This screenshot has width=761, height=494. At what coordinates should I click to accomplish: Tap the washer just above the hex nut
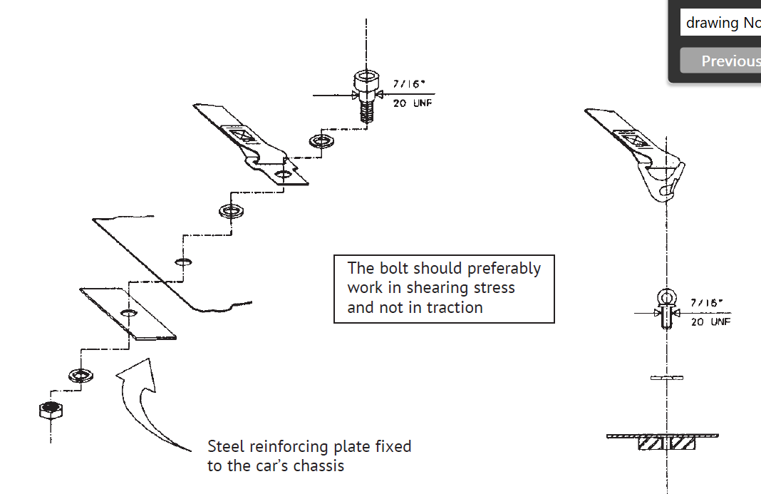coord(81,374)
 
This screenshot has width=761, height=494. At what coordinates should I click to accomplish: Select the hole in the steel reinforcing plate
coord(129,314)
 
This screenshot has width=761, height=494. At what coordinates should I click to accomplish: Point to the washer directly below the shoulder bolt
coord(323,141)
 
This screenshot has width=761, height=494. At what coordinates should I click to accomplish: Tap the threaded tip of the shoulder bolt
coord(366,115)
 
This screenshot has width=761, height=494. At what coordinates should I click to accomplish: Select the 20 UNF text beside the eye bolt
coord(710,322)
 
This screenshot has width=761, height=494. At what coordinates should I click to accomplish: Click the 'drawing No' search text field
coord(720,23)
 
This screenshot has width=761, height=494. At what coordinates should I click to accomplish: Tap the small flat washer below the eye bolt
coord(666,378)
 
